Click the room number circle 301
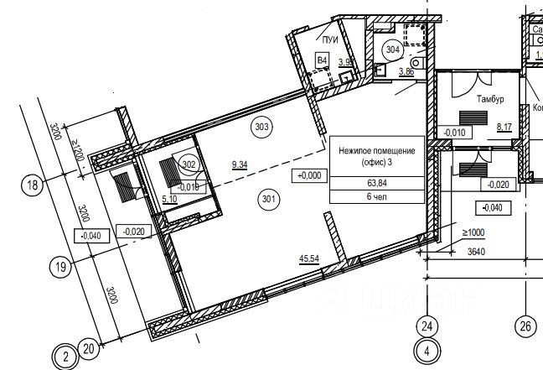[x=269, y=199]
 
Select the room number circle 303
[x=261, y=128]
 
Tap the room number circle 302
[x=188, y=164]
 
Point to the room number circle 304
[x=392, y=50]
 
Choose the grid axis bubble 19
[x=59, y=268]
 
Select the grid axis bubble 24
[x=427, y=326]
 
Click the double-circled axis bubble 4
[x=427, y=352]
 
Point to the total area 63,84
[x=375, y=182]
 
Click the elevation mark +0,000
[x=308, y=175]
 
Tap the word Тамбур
[x=490, y=99]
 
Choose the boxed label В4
[x=321, y=59]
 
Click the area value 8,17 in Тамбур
[x=504, y=128]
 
